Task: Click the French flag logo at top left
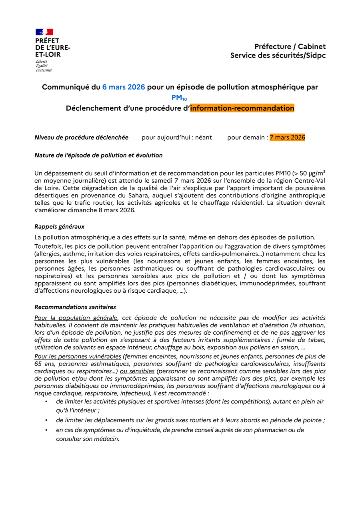tap(44, 32)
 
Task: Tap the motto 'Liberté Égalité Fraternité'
tap(44, 66)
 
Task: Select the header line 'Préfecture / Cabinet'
tap(290, 47)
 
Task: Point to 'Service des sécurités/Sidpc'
tap(278, 56)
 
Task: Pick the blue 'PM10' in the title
tap(179, 98)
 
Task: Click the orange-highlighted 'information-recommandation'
tap(242, 108)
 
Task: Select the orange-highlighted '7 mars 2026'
tap(287, 138)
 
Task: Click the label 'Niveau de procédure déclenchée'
tap(82, 138)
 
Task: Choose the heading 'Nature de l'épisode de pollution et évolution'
tap(98, 155)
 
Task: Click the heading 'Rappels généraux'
tap(59, 227)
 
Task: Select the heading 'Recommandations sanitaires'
tap(75, 307)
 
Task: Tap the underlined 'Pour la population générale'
tap(76, 318)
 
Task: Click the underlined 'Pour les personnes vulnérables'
tap(78, 356)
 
